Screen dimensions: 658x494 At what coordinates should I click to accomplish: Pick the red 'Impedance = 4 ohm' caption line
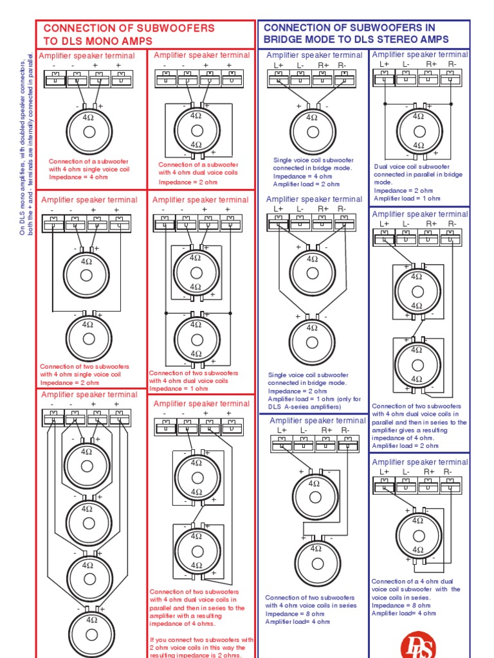point(78,177)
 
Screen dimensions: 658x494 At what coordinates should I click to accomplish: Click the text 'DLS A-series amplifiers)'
point(306,407)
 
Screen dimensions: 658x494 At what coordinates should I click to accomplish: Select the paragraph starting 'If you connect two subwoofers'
point(201,647)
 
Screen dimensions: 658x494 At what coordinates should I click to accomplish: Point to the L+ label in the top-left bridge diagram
point(278,65)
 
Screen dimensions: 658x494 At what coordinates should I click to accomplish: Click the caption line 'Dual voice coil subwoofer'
point(412,166)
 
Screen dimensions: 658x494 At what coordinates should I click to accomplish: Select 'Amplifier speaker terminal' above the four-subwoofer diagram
point(89,395)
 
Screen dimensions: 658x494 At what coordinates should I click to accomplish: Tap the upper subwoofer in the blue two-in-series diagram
point(315,496)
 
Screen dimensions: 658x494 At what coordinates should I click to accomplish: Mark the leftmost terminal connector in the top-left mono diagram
point(55,78)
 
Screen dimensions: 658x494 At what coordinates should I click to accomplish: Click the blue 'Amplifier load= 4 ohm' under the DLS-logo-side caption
point(404,613)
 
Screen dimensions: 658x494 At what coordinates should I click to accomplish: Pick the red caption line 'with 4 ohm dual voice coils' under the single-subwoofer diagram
point(198,173)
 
